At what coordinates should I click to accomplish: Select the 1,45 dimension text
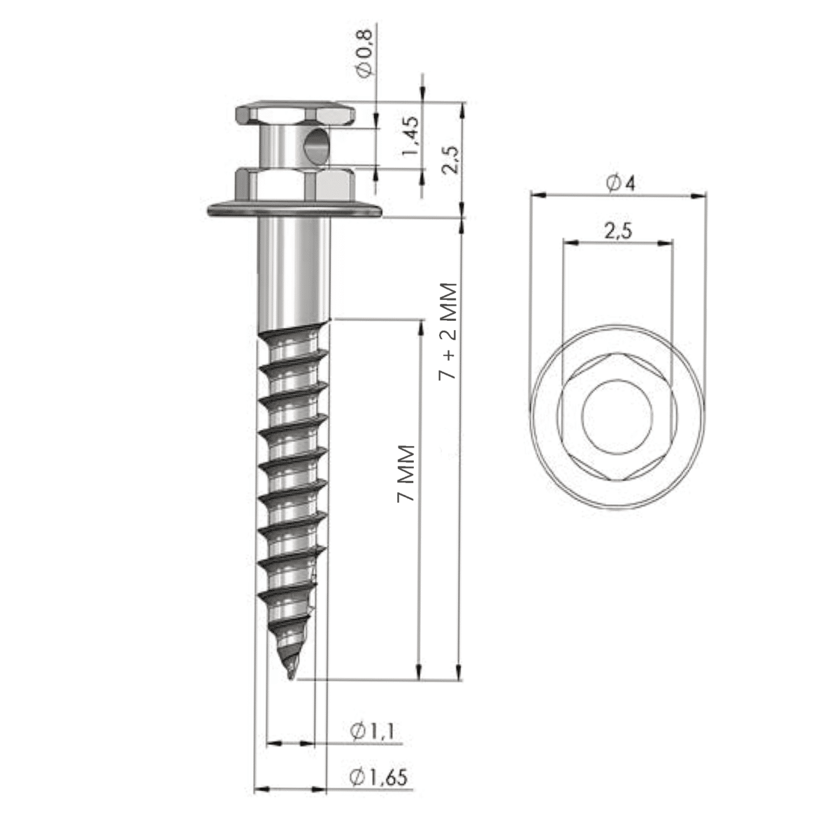coord(411,138)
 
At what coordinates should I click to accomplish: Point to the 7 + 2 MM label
coord(447,331)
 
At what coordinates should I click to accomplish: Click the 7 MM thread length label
coord(406,473)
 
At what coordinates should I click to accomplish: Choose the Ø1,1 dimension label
coord(372,731)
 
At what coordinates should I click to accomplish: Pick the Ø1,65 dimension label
coord(378,777)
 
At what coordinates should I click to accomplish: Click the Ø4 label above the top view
coord(620,184)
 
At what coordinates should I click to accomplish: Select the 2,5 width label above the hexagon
coord(618,231)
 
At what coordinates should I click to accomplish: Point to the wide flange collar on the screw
coord(295,209)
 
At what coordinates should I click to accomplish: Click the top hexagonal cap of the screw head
coord(294,114)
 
